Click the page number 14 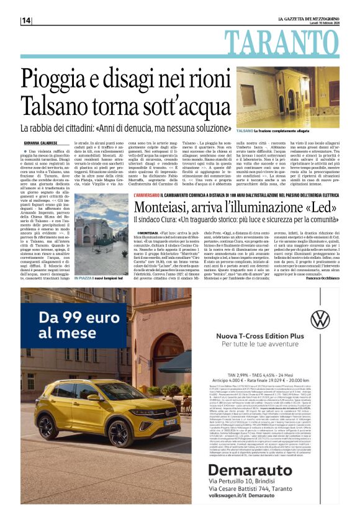26,20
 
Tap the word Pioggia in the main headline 61,78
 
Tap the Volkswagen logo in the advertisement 320,319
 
